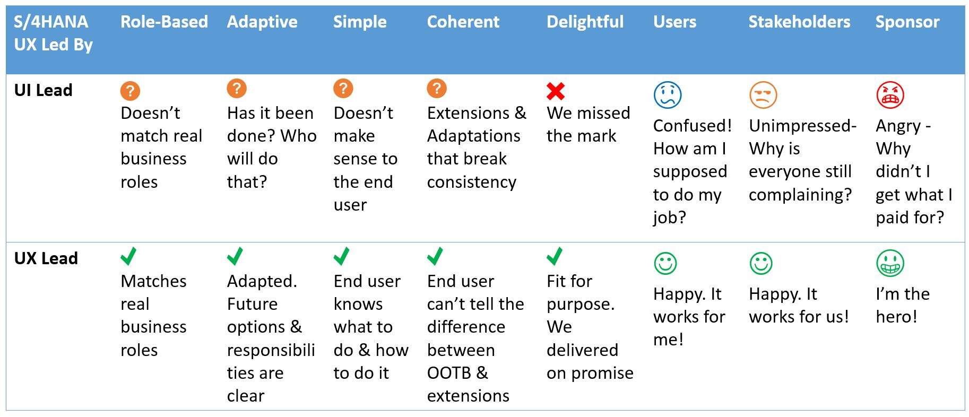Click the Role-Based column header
tap(164, 22)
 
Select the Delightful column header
tap(585, 22)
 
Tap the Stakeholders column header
tap(799, 22)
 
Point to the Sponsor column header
tap(907, 22)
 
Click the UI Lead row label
tap(43, 90)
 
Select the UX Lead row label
tap(46, 258)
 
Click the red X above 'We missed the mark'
tap(556, 91)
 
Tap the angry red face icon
tap(890, 95)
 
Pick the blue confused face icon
tap(667, 95)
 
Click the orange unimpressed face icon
tap(763, 95)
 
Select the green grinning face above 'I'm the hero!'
tap(890, 263)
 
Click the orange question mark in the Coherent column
tap(437, 89)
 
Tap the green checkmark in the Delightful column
tap(555, 256)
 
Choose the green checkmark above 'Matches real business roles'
tap(128, 256)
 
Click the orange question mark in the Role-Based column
tap(130, 91)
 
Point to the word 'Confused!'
tap(693, 126)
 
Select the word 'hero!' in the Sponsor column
tap(896, 317)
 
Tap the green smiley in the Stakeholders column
tap(761, 263)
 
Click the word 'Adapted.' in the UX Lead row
tap(262, 281)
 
